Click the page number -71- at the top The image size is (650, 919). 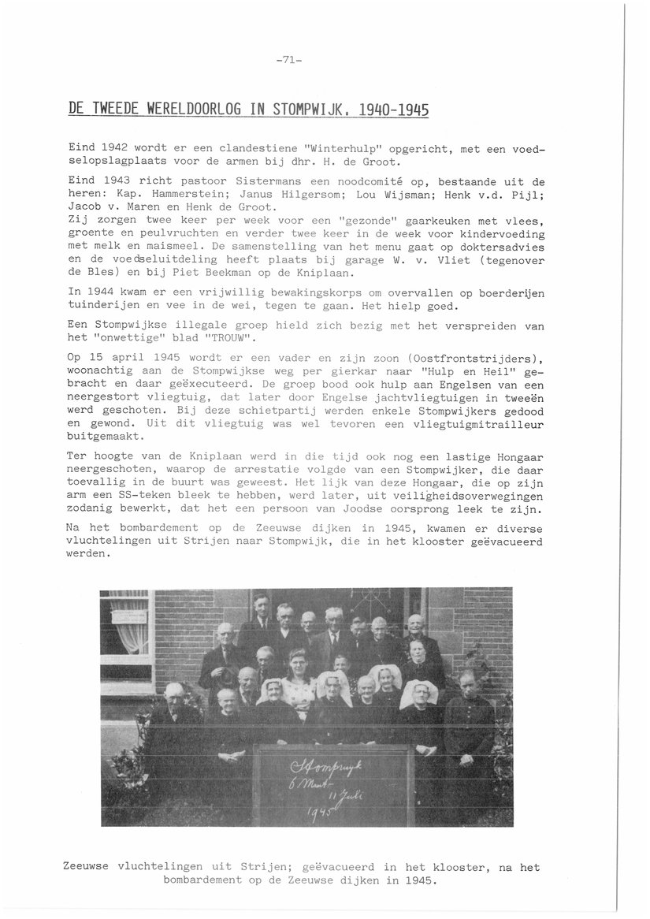point(290,59)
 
